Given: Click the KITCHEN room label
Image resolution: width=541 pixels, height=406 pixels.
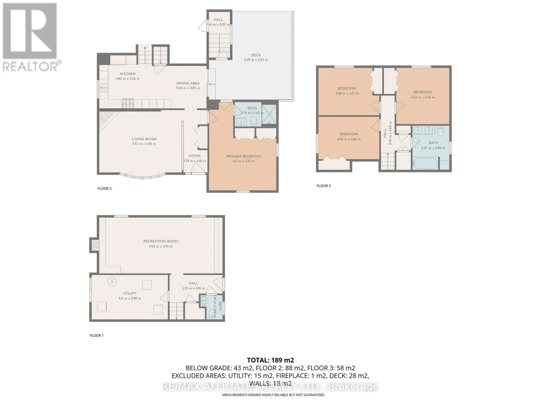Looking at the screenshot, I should pos(127,74).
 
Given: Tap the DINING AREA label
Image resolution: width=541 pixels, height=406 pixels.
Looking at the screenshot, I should pos(188,83).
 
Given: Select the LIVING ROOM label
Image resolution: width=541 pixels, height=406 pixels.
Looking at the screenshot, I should pos(144,139).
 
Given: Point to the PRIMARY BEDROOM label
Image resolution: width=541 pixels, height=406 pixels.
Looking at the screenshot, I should pos(243,156).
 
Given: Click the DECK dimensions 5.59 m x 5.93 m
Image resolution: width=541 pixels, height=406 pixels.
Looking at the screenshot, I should pos(256,60).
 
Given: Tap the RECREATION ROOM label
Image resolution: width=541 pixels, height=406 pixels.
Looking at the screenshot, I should pos(161,241).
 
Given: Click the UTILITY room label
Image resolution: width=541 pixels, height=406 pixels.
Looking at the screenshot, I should pos(130,293).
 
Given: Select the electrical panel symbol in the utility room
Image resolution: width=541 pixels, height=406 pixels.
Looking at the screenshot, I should pos(112,281).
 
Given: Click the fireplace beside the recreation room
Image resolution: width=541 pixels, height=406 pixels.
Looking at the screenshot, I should pos(94,244).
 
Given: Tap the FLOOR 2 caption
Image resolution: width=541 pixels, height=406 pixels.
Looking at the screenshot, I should pos(104,188).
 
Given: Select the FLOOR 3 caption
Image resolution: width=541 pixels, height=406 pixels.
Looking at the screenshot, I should pos(324,186).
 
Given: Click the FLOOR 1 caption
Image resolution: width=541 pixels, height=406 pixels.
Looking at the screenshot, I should pos(97,335).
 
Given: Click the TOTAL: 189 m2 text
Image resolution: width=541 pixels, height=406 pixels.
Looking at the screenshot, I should pos(270,360).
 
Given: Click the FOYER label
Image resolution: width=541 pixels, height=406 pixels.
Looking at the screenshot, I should pos(195,156).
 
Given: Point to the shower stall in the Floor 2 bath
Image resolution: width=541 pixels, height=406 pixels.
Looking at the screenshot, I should pos(269,115).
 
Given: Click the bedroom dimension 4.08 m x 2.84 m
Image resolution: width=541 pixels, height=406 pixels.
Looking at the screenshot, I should pos(349,139).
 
